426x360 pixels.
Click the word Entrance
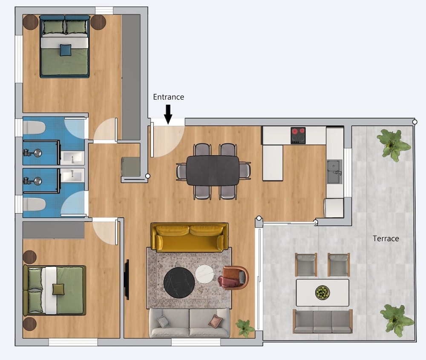pyautogui.click(x=168, y=97)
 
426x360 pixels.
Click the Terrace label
pyautogui.click(x=386, y=239)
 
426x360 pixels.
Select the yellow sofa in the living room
pyautogui.click(x=190, y=237)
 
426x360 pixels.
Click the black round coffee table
pyautogui.click(x=179, y=282)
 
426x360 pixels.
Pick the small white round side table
pyautogui.click(x=204, y=274)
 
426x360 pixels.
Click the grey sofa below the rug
pyautogui.click(x=190, y=323)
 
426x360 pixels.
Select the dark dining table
pyautogui.click(x=213, y=170)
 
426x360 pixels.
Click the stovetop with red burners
pyautogui.click(x=298, y=136)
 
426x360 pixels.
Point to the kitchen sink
pyautogui.click(x=334, y=171)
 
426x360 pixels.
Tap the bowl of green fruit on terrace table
pyautogui.click(x=322, y=292)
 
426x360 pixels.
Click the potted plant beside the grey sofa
pyautogui.click(x=245, y=328)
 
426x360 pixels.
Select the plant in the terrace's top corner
pyautogui.click(x=393, y=144)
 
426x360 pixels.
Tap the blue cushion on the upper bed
pyautogui.click(x=66, y=50)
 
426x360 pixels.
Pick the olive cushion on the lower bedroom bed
pyautogui.click(x=58, y=289)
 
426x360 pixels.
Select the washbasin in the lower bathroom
pyautogui.click(x=72, y=174)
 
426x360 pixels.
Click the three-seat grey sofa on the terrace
pyautogui.click(x=322, y=322)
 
